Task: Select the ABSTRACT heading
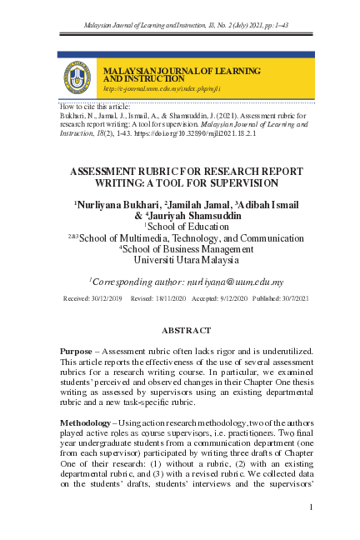(186, 331)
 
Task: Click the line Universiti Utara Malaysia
(186, 258)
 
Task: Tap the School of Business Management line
(186, 247)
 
